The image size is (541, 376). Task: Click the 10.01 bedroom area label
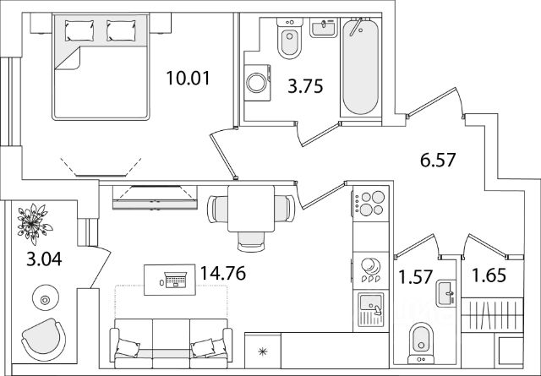pyautogui.click(x=188, y=78)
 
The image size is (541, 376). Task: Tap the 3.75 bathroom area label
pyautogui.click(x=305, y=86)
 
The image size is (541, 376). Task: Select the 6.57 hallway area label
pyautogui.click(x=438, y=160)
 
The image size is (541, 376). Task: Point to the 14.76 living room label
pyautogui.click(x=223, y=273)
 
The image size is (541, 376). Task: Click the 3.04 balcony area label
pyautogui.click(x=44, y=259)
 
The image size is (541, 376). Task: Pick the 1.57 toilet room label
pyautogui.click(x=415, y=276)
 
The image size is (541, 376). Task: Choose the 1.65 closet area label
pyautogui.click(x=489, y=275)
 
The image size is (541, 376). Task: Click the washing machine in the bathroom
pyautogui.click(x=257, y=83)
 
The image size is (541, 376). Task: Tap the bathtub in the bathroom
pyautogui.click(x=361, y=66)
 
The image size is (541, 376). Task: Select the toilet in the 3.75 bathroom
pyautogui.click(x=289, y=38)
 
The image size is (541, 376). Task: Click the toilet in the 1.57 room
pyautogui.click(x=421, y=343)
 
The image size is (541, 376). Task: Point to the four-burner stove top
pyautogui.click(x=371, y=204)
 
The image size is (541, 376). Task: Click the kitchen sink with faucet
pyautogui.click(x=371, y=309)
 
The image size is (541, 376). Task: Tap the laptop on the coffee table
pyautogui.click(x=176, y=280)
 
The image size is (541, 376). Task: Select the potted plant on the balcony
pyautogui.click(x=34, y=224)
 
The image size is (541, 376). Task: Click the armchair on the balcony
pyautogui.click(x=43, y=340)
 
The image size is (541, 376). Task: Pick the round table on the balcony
pyautogui.click(x=45, y=298)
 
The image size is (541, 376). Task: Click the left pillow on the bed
pyautogui.click(x=79, y=30)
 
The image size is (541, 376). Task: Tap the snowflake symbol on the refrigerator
pyautogui.click(x=263, y=351)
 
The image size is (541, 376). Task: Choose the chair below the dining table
pyautogui.click(x=251, y=241)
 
